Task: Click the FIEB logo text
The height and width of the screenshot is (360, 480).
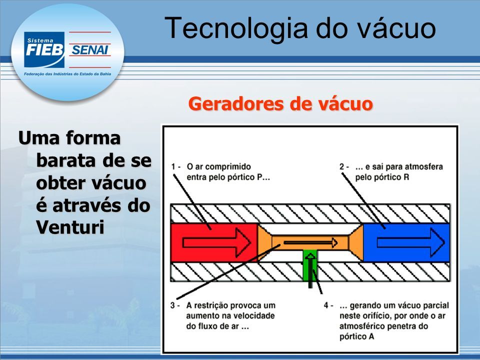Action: click(44, 49)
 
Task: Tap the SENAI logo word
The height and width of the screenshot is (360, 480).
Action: click(89, 49)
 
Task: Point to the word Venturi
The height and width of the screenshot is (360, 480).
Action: click(70, 227)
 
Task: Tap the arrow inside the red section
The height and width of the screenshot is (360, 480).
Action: click(216, 243)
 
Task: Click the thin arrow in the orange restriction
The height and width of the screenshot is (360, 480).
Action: click(310, 243)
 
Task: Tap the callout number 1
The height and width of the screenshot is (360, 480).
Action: click(174, 167)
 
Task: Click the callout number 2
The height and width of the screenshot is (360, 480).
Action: click(342, 167)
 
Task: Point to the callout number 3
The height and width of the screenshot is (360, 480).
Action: click(173, 305)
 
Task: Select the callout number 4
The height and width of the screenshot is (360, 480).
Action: click(326, 305)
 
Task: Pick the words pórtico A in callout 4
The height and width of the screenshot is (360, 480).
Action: click(357, 336)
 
